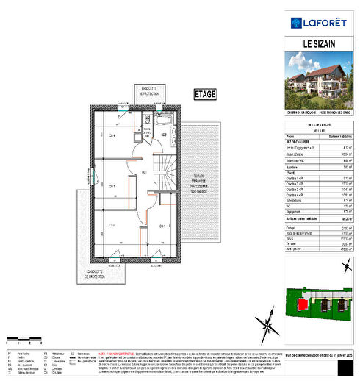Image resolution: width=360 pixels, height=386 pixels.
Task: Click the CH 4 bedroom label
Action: [x=113, y=136]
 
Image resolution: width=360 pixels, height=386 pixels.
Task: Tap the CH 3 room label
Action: [x=112, y=186]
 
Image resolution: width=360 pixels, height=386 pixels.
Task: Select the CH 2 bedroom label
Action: [x=112, y=225]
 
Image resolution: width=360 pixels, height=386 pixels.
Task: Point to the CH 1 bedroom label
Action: [x=162, y=225]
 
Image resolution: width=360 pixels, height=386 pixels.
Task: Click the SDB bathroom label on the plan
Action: [x=165, y=136]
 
